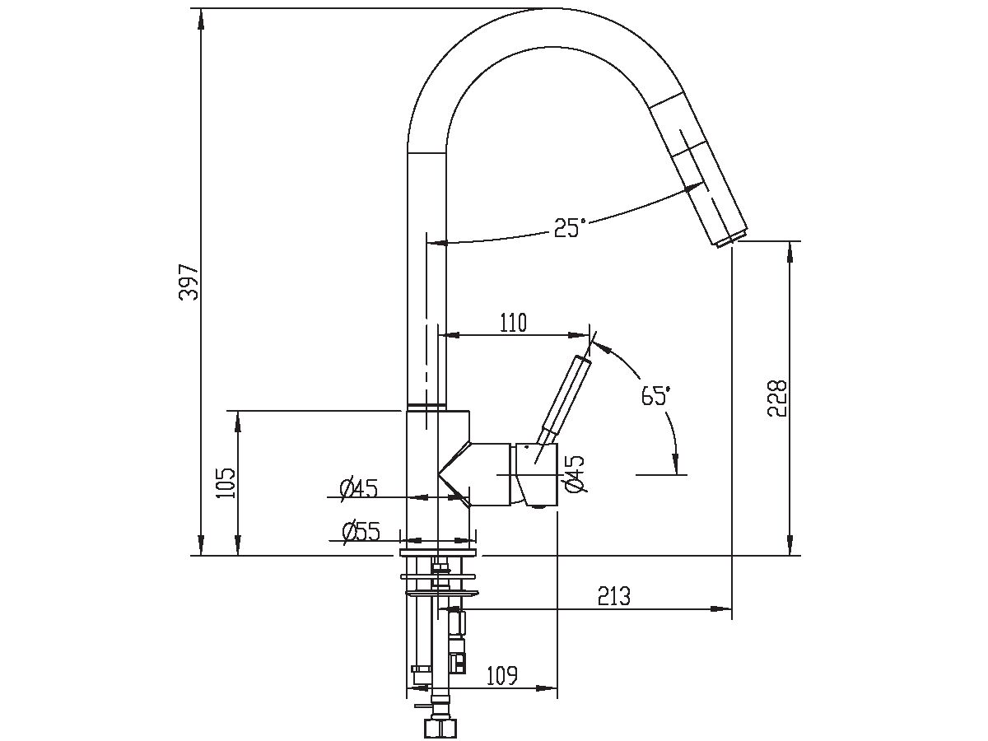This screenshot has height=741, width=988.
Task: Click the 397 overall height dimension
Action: click(x=190, y=282)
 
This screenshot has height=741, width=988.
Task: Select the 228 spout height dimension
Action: click(x=778, y=398)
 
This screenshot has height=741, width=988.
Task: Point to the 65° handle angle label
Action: click(x=656, y=395)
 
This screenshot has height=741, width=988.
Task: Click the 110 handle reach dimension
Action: click(x=511, y=323)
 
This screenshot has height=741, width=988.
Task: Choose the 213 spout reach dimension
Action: click(x=614, y=596)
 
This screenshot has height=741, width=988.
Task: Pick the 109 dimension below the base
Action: click(x=501, y=676)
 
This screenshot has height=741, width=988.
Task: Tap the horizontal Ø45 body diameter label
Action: click(x=359, y=489)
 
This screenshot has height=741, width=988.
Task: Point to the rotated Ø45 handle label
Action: click(x=575, y=474)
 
